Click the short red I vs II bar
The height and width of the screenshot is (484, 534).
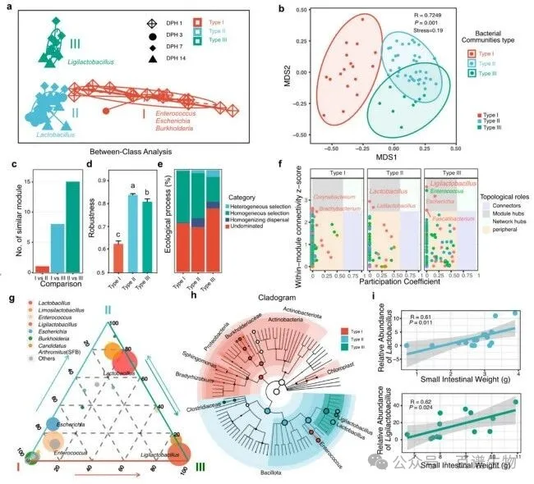pos(39,268)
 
